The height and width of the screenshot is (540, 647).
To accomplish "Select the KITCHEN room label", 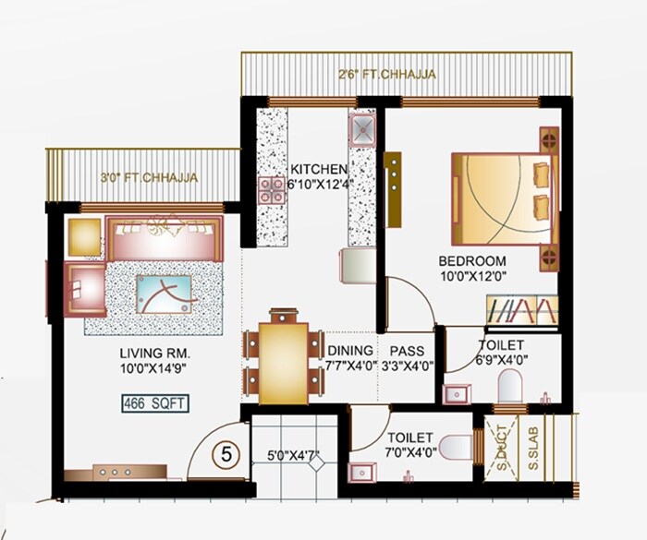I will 319,170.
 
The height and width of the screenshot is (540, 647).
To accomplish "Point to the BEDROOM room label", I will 472,260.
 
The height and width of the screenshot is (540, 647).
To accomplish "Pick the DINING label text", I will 350,351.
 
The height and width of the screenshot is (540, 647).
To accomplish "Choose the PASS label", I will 407,351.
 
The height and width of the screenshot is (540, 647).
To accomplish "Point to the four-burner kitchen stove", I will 273,188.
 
